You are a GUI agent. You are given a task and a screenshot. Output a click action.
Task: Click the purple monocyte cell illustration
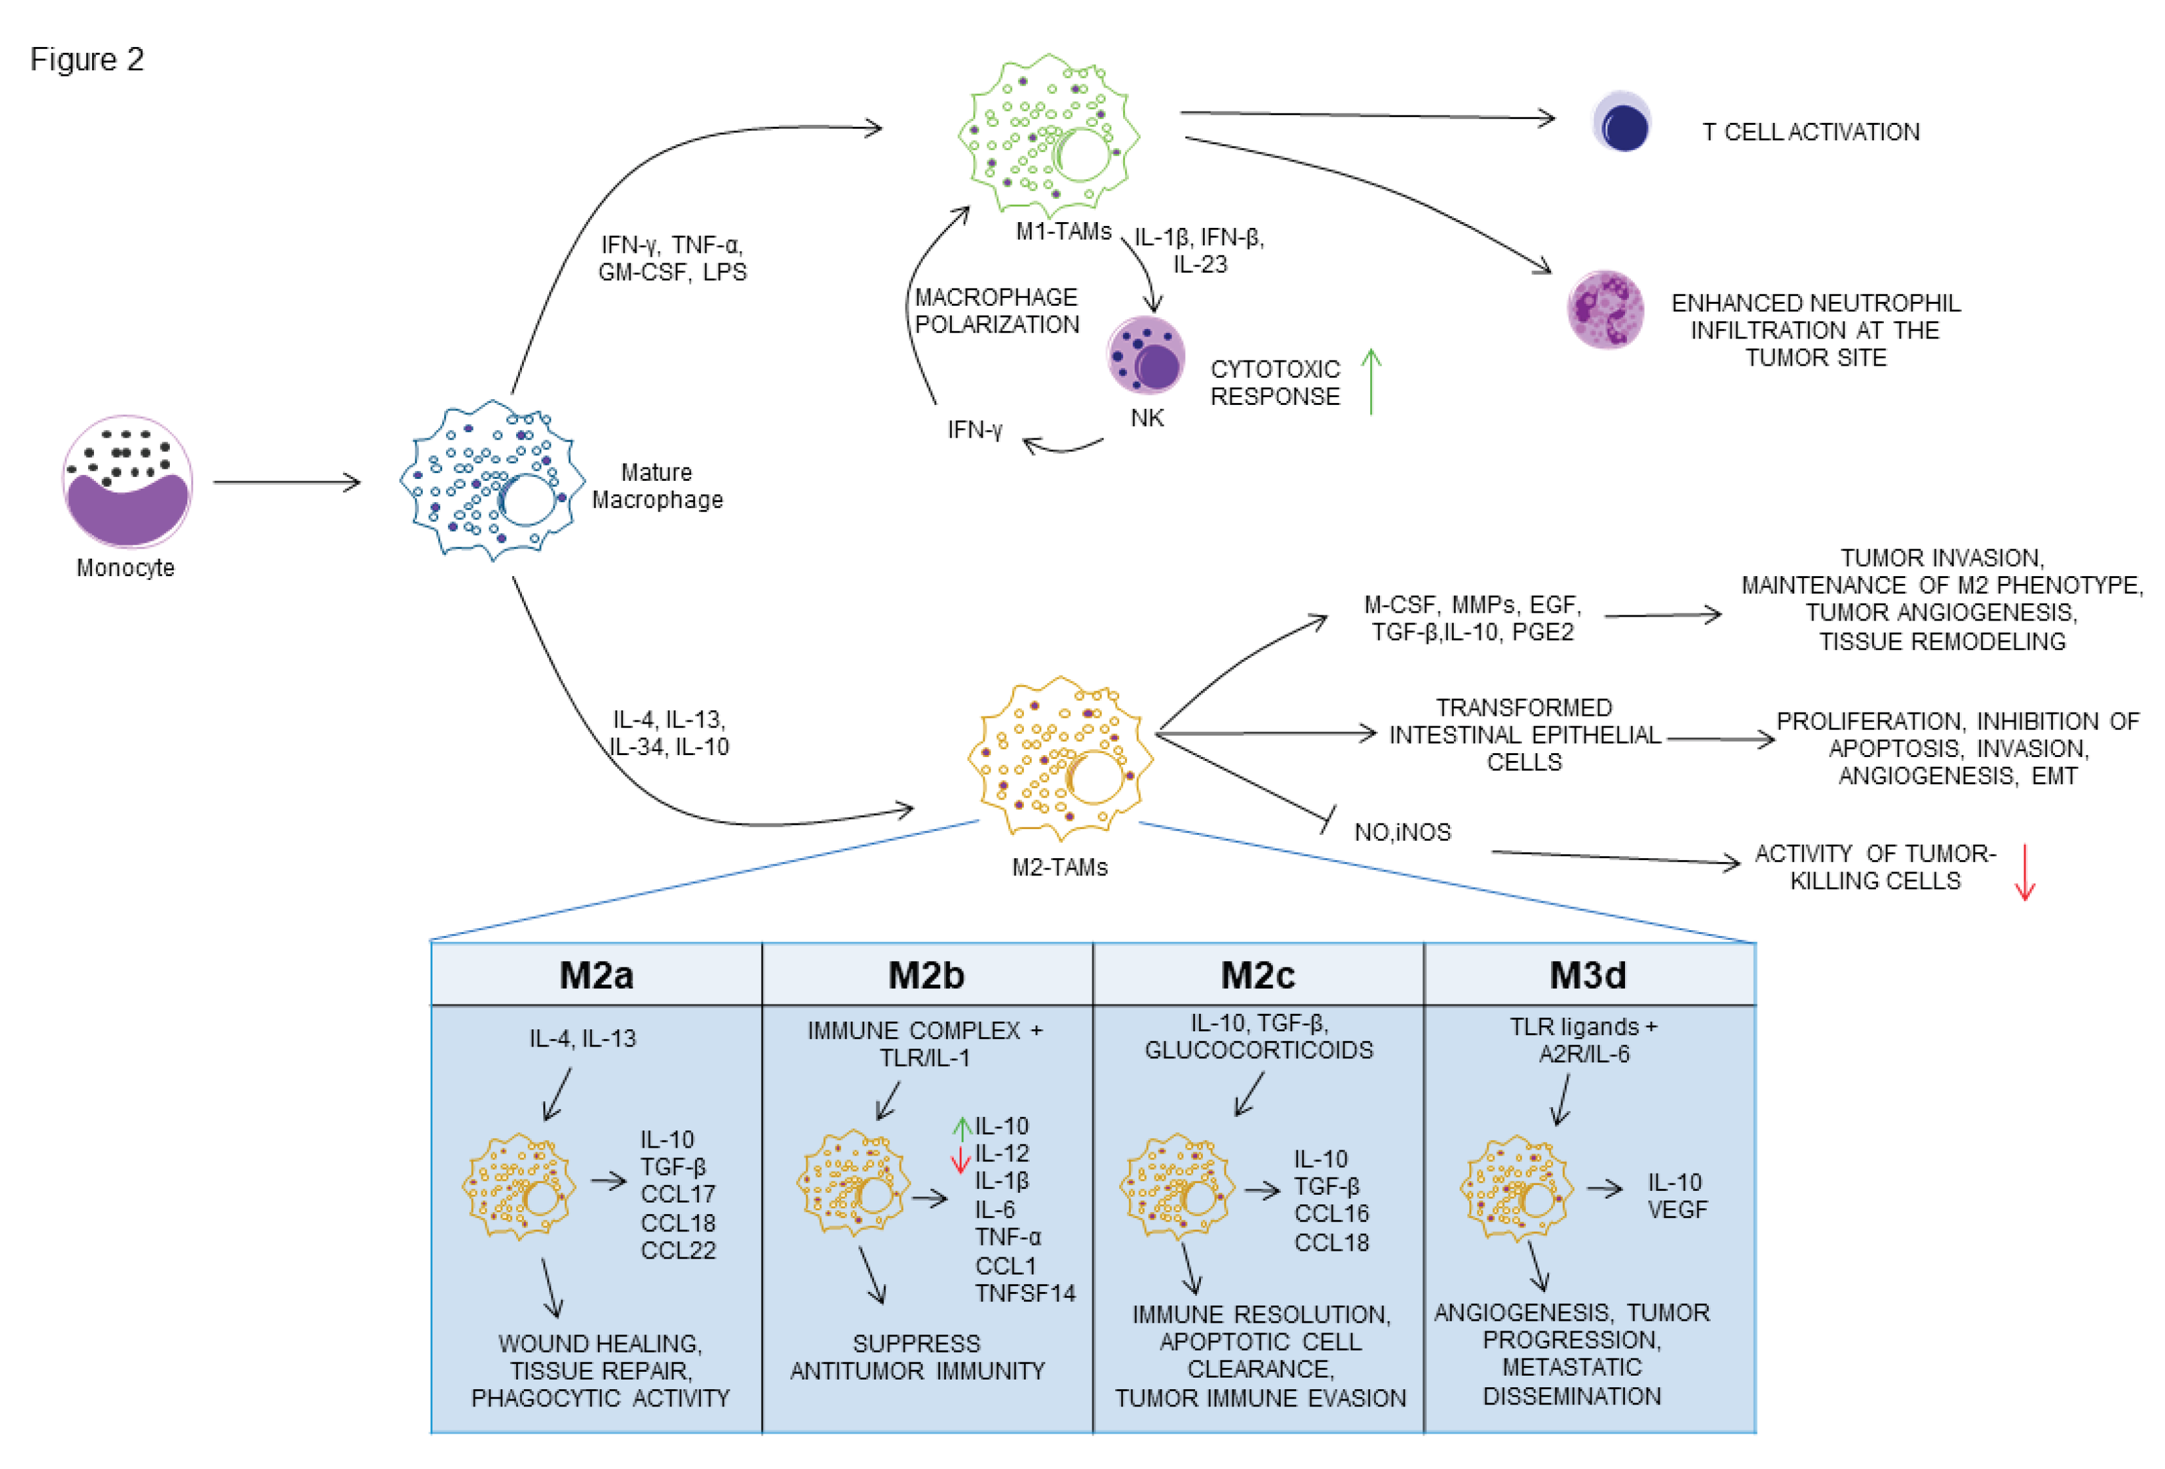coord(127,482)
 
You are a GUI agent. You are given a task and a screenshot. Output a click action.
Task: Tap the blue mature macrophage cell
coord(492,480)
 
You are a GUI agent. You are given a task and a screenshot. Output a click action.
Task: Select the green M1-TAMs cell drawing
coord(1049,135)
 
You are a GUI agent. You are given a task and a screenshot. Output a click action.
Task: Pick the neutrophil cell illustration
coord(1606,308)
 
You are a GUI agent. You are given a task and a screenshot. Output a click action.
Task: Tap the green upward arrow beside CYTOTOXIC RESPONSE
coord(1371,381)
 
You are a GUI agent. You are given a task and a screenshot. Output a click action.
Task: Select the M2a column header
coord(596,975)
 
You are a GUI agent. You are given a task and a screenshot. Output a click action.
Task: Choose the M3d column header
coord(1588,975)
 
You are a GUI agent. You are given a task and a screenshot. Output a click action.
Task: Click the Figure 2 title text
coord(87,60)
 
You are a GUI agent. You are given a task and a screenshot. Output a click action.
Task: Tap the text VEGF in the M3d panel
coord(1678,1210)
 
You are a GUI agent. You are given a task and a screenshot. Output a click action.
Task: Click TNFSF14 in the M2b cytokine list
coord(1025,1293)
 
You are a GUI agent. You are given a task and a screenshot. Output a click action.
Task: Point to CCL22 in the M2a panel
coord(678,1250)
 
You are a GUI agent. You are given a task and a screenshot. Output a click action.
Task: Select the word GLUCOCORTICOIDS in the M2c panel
coord(1259,1051)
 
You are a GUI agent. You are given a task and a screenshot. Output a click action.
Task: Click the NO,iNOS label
coord(1402,832)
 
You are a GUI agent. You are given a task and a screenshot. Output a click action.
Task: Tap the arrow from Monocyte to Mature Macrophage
coord(287,483)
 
